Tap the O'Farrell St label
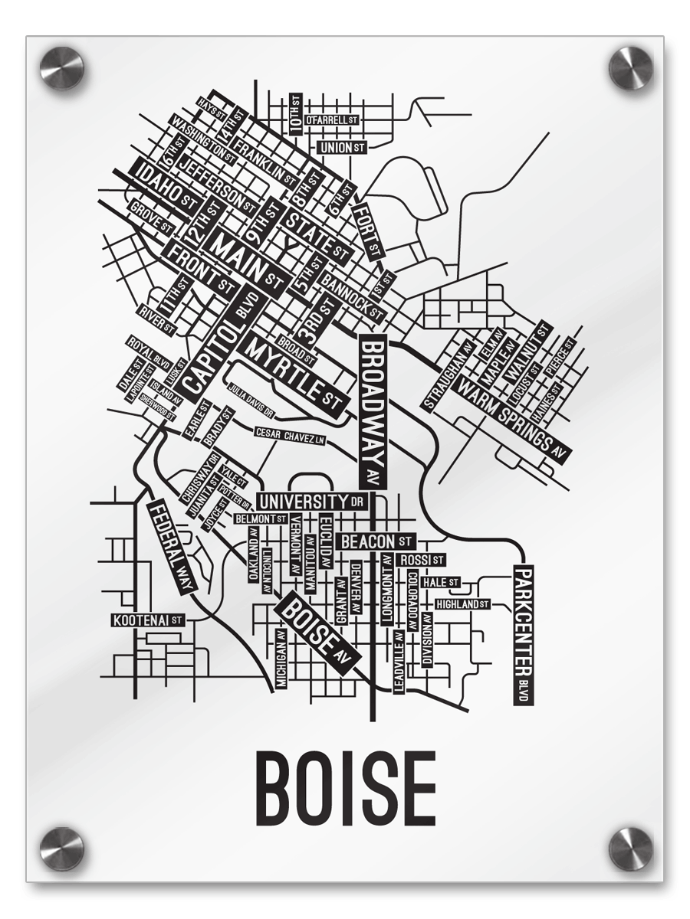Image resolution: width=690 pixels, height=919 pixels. (x=332, y=120)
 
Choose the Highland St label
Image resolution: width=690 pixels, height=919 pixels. (x=462, y=604)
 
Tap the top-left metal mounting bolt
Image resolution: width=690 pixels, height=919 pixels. (x=61, y=68)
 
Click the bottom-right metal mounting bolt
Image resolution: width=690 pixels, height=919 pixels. (x=630, y=849)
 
